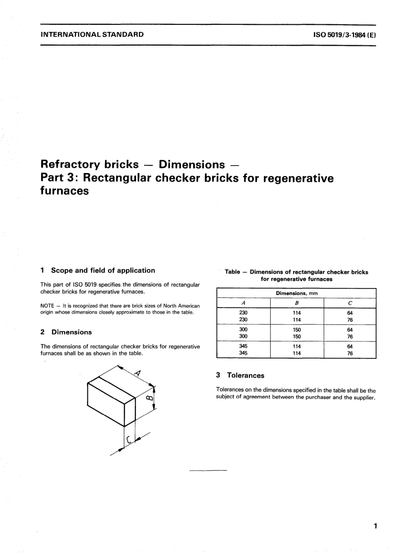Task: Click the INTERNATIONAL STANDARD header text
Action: point(92,34)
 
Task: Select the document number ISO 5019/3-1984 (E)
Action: point(345,35)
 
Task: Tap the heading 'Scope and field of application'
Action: point(103,271)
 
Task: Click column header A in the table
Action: point(243,303)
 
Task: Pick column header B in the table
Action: point(297,303)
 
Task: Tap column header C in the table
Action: point(350,303)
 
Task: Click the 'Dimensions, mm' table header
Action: point(297,293)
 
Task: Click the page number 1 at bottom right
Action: point(375,527)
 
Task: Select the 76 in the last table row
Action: point(350,354)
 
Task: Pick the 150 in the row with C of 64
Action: point(297,329)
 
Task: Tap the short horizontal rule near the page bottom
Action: point(208,470)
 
